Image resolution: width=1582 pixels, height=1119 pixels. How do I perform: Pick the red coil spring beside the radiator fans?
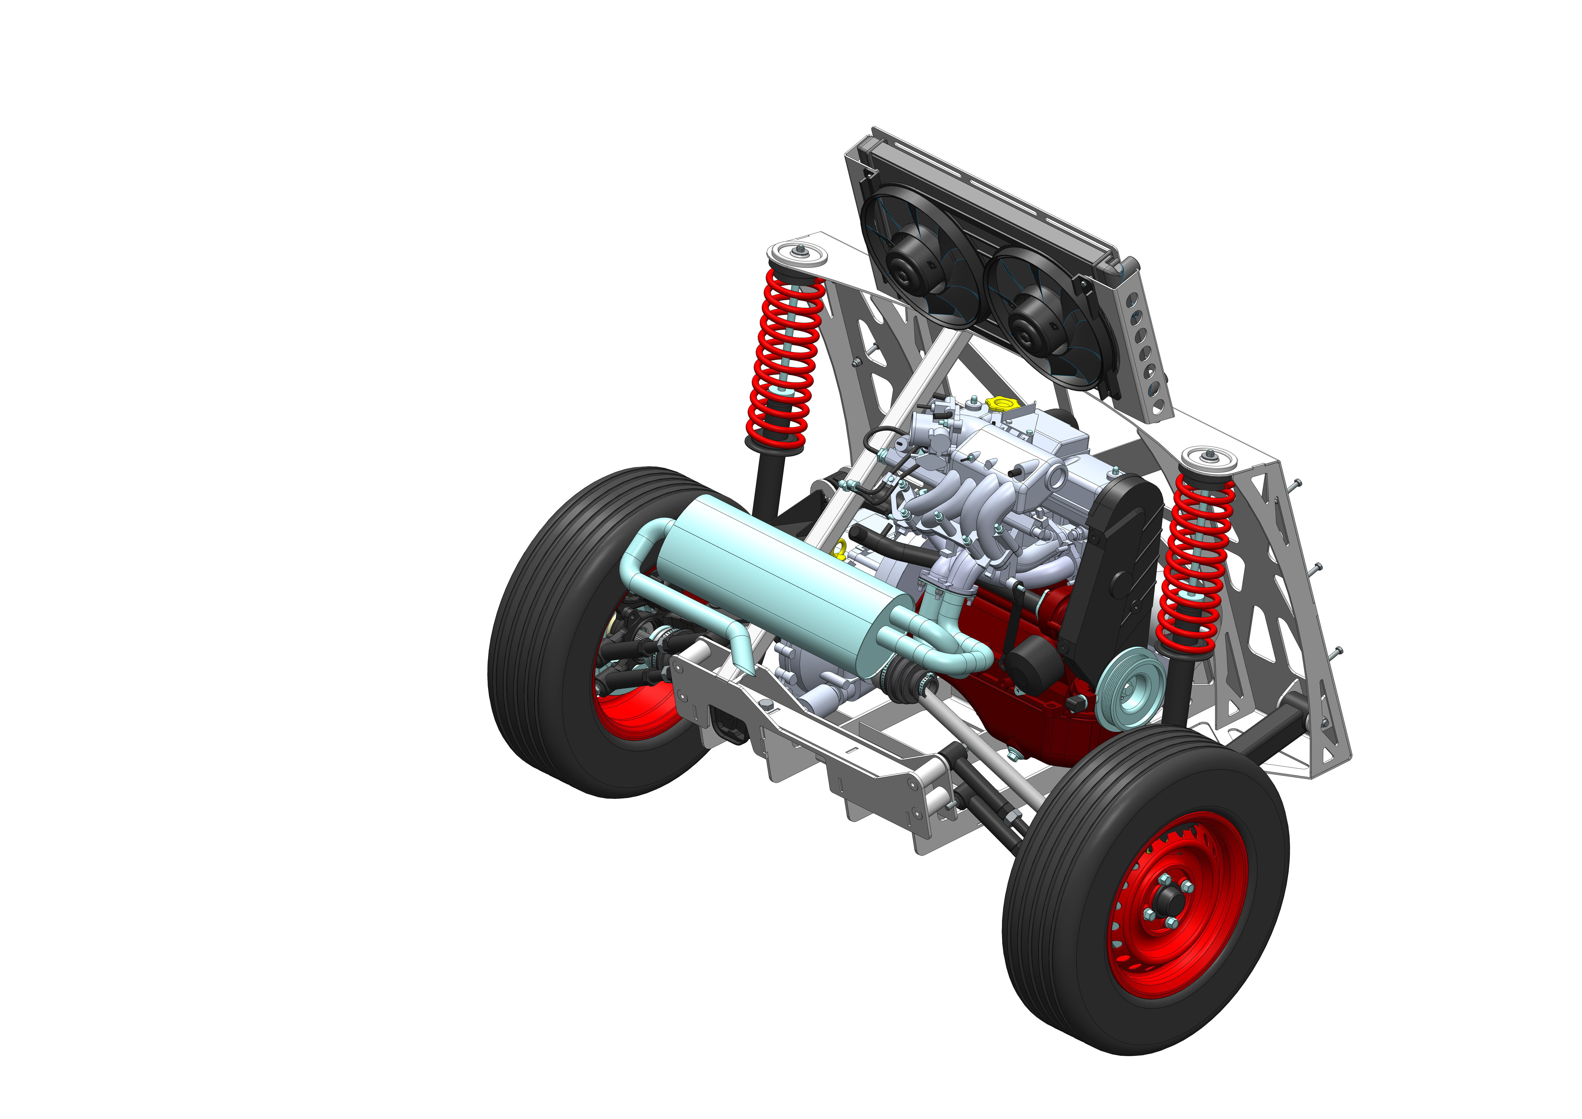(785, 358)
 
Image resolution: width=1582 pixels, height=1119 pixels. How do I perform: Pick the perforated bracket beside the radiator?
(1147, 345)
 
